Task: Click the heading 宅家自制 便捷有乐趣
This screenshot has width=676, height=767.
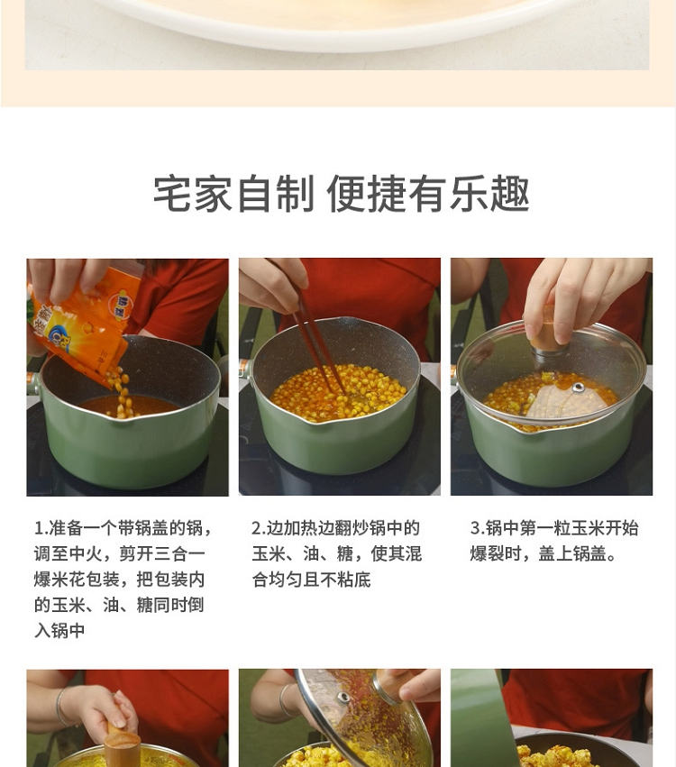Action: click(x=341, y=194)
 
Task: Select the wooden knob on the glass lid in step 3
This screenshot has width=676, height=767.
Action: click(x=548, y=333)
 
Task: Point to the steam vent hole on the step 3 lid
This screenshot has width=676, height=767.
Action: click(x=578, y=388)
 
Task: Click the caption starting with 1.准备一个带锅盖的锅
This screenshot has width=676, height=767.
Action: click(x=123, y=580)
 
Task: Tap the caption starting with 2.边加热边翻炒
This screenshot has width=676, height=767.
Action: click(x=336, y=553)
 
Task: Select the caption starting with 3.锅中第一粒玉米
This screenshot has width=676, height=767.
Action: click(x=554, y=541)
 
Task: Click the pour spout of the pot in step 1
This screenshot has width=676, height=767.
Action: click(x=123, y=420)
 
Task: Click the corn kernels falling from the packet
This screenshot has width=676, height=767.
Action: click(x=119, y=393)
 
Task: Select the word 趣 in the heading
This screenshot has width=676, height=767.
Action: click(x=509, y=194)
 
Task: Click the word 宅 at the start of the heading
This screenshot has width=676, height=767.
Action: click(x=173, y=194)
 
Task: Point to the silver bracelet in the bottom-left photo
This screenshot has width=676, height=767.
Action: click(x=59, y=707)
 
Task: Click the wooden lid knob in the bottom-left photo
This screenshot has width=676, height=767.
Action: click(x=122, y=746)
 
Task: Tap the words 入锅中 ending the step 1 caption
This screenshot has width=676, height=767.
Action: click(x=59, y=630)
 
